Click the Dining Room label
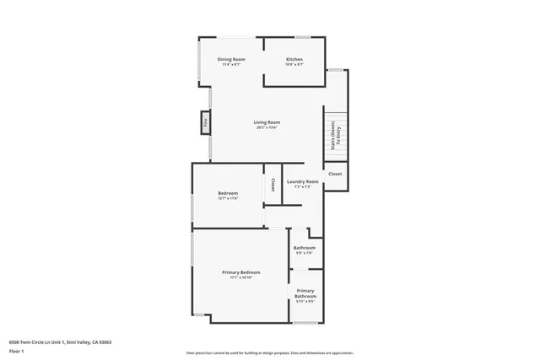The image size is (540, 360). coord(230,59)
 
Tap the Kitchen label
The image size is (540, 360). coord(294,59)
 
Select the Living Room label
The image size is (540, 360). coord(267,123)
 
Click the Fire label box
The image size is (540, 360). coord(205,123)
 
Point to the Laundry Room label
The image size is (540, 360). coord(302,181)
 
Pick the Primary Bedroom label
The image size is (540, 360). coord(240,272)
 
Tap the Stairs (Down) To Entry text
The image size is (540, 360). coord(336,135)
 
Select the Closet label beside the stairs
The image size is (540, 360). coord(335,174)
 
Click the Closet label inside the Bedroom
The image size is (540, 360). coord(273,184)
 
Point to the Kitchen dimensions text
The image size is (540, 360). coord(294,65)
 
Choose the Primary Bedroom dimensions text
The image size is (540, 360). coord(240,278)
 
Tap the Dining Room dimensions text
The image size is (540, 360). coord(230,65)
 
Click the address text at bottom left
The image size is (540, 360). coord(60,341)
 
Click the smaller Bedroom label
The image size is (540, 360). coord(228,193)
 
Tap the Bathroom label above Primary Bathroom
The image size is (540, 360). coord(304,248)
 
